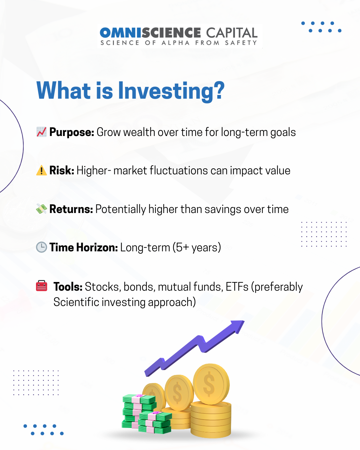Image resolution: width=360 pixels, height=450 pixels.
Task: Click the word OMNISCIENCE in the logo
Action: [x=150, y=33]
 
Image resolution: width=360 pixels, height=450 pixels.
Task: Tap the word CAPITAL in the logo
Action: [x=232, y=33]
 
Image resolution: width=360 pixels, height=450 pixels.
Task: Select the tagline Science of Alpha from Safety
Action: [x=179, y=43]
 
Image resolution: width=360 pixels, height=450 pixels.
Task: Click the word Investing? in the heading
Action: [x=171, y=91]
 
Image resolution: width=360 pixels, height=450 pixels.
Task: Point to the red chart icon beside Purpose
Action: [x=41, y=132]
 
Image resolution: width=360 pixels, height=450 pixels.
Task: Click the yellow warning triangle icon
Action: [x=41, y=170]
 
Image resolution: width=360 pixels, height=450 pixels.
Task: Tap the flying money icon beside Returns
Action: [x=41, y=209]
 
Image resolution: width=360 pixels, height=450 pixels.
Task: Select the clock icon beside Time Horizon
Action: [x=41, y=247]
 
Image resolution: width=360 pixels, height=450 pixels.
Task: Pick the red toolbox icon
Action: [x=41, y=286]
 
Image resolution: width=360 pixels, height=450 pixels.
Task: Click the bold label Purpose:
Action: [x=72, y=132]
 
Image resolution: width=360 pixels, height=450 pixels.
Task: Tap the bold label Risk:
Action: [x=62, y=170]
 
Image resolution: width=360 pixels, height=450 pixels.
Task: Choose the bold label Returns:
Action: [x=71, y=209]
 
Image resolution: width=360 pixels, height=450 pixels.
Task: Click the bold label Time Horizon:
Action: [x=84, y=247]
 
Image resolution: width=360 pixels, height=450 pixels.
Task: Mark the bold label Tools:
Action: [x=68, y=286]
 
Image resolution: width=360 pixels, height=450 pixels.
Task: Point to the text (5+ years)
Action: [x=197, y=248]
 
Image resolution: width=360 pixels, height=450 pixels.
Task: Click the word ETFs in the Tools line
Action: [x=237, y=286]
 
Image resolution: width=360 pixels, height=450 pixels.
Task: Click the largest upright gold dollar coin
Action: [x=211, y=384]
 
